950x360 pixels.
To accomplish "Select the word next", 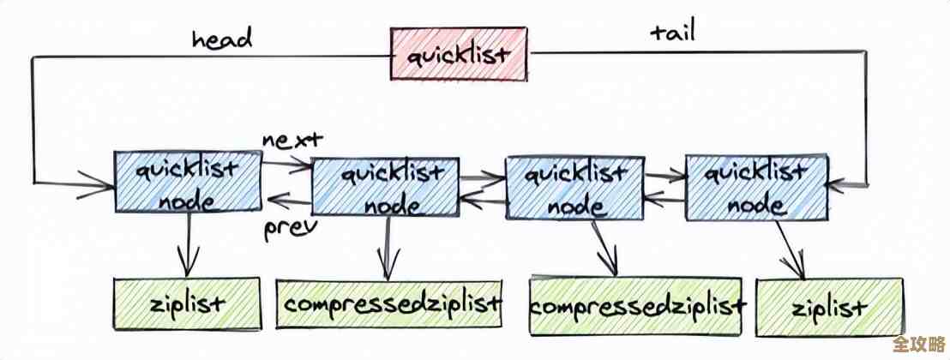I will point(292,140).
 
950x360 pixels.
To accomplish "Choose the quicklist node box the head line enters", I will point(188,182).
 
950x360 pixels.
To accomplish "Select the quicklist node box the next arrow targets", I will point(382,186).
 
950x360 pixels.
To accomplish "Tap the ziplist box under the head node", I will point(187,303).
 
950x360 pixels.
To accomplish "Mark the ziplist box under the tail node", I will point(828,307).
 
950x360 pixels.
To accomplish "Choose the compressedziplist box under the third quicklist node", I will point(637,305).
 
